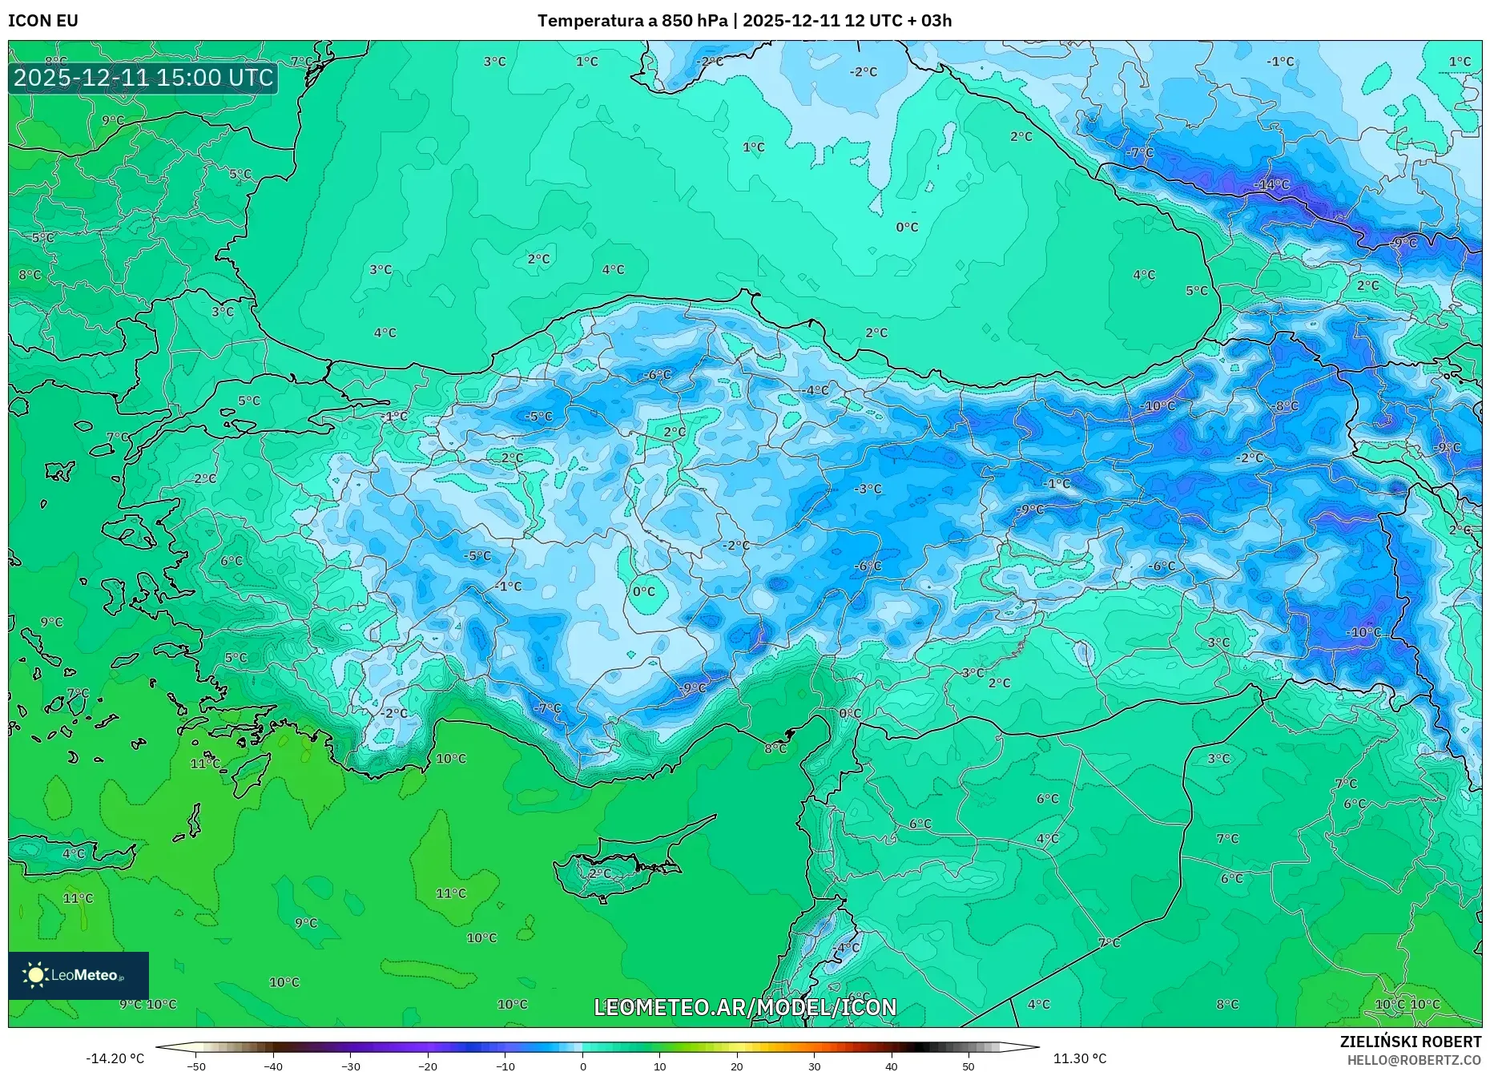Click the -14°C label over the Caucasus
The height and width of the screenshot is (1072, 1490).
(1271, 185)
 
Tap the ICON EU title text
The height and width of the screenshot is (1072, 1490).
(43, 20)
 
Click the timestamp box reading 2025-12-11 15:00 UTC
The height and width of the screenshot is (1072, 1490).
(143, 78)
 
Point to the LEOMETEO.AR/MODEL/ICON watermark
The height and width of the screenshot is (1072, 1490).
(745, 1007)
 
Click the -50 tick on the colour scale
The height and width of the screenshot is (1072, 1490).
(196, 1066)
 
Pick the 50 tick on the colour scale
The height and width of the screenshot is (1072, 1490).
(968, 1066)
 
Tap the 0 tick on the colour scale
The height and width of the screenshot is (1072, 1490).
(582, 1066)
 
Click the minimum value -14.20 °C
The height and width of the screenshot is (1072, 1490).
(115, 1058)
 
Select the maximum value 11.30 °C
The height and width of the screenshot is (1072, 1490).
(1079, 1058)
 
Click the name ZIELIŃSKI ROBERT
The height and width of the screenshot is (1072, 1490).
(1410, 1042)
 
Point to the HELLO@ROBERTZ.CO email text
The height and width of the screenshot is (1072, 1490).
(1414, 1060)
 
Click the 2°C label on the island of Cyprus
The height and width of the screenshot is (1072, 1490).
(599, 873)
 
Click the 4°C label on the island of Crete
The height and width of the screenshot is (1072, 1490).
(73, 853)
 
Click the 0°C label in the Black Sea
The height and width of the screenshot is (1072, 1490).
(907, 228)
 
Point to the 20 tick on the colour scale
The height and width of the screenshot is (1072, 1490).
(736, 1066)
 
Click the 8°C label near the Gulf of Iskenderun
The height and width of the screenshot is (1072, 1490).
(775, 748)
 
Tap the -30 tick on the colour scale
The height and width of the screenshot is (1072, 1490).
(351, 1066)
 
